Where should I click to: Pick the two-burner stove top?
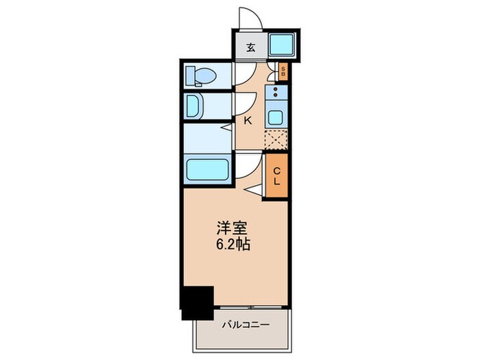[276, 93]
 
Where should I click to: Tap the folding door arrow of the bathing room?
[226, 128]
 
